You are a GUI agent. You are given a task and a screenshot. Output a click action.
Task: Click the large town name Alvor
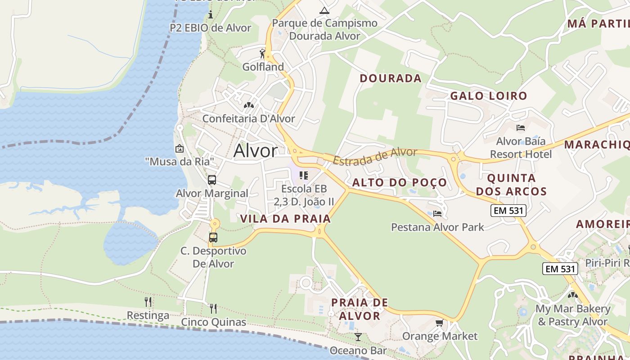pyautogui.click(x=255, y=151)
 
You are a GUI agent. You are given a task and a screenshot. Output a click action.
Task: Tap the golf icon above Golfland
pyautogui.click(x=263, y=54)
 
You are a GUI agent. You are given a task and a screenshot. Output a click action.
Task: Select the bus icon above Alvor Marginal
pyautogui.click(x=212, y=180)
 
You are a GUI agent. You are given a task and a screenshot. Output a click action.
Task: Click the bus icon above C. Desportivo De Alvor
pyautogui.click(x=213, y=237)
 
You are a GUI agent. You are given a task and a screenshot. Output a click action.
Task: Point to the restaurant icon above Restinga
pyautogui.click(x=148, y=301)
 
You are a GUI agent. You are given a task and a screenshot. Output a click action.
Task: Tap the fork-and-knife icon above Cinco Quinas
pyautogui.click(x=213, y=308)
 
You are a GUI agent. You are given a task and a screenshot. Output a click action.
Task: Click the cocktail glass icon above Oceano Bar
pyautogui.click(x=358, y=337)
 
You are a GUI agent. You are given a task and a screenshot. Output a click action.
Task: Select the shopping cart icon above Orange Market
pyautogui.click(x=439, y=323)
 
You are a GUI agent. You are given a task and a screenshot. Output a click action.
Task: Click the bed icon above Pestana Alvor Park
pyautogui.click(x=437, y=213)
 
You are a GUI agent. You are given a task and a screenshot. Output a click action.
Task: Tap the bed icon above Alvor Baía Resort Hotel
pyautogui.click(x=521, y=128)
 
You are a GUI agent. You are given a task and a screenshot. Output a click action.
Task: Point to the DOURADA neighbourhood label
pyautogui.click(x=391, y=78)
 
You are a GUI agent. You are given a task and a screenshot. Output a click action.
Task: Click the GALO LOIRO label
pyautogui.click(x=489, y=96)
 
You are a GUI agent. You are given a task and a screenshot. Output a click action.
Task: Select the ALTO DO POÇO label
pyautogui.click(x=400, y=182)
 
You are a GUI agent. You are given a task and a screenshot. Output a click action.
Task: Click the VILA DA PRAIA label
pyautogui.click(x=285, y=219)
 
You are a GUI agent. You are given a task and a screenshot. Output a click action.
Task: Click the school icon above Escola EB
pyautogui.click(x=304, y=175)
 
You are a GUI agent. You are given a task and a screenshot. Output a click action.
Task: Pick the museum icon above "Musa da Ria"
pyautogui.click(x=180, y=148)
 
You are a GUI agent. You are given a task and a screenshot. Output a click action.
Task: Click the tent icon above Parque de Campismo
pyautogui.click(x=324, y=10)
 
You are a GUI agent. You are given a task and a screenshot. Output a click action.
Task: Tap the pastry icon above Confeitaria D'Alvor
pyautogui.click(x=248, y=105)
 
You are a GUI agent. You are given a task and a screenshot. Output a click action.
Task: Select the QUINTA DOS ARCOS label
pyautogui.click(x=511, y=184)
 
